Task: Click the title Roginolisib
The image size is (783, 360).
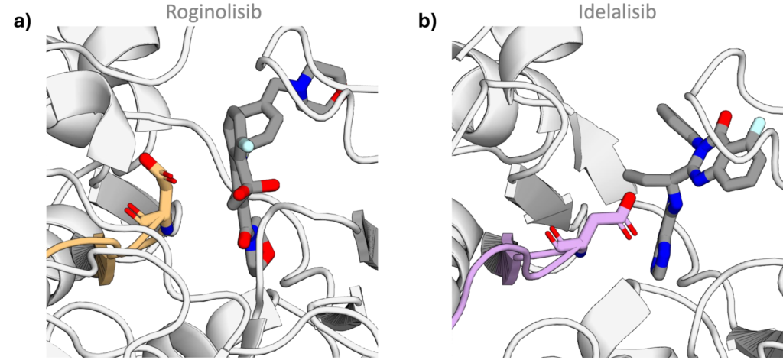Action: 213,11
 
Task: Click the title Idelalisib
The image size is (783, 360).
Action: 617,11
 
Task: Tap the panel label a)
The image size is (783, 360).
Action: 22,21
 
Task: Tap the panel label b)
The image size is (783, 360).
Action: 427,21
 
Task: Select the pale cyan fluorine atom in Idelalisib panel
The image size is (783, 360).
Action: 757,125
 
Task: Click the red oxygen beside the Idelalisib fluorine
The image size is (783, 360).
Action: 725,118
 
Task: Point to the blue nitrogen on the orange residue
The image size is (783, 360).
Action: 167,229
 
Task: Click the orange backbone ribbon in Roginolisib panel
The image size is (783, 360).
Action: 83,248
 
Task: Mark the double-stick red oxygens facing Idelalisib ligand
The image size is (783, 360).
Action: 630,229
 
